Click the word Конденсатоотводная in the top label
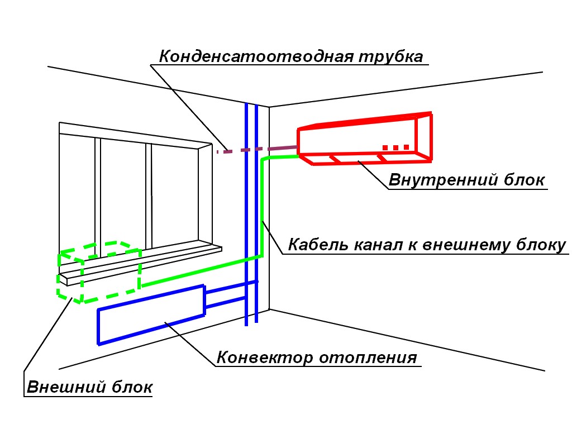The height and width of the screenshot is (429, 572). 256,56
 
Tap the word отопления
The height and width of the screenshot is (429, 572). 368,357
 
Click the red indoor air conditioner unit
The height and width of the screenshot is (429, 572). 365,139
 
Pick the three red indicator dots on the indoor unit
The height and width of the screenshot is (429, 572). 396,147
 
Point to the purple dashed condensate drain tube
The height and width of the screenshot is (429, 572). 257,149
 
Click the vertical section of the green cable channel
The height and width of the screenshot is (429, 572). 263,207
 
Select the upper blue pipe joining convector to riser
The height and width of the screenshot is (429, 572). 231,287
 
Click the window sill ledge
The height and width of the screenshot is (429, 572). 140,262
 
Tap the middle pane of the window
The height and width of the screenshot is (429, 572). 123,193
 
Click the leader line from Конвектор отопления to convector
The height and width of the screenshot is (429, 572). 190,344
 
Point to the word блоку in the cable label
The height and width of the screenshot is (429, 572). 541,245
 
